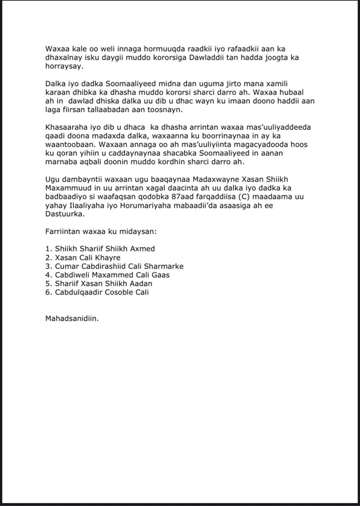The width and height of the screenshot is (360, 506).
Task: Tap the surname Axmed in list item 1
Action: point(141,249)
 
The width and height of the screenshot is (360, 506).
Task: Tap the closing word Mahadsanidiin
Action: point(72,318)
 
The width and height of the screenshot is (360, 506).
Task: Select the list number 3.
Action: point(48,266)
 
